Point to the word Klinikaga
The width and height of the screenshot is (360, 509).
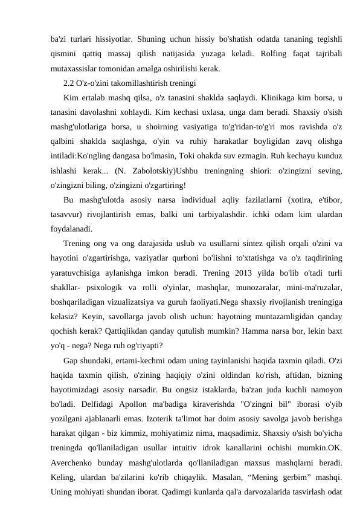click(x=280, y=97)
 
